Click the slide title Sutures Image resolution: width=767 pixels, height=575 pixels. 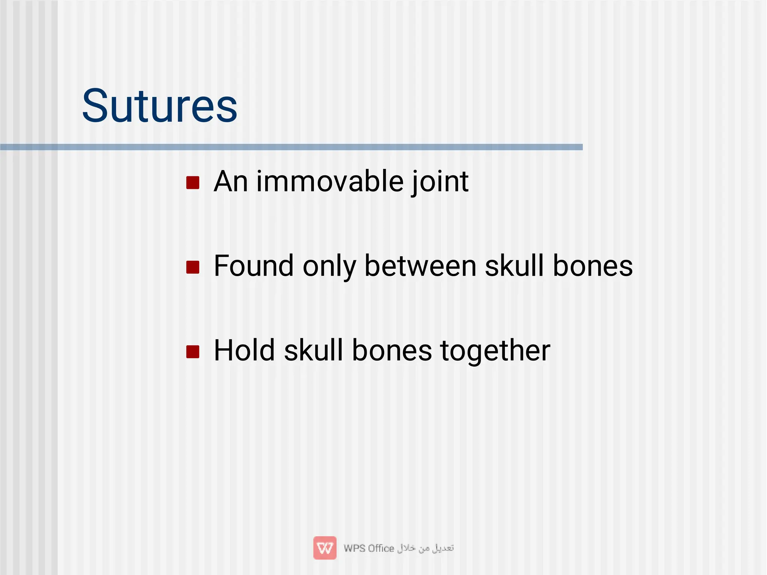pyautogui.click(x=160, y=106)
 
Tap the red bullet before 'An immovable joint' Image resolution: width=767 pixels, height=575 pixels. pyautogui.click(x=193, y=183)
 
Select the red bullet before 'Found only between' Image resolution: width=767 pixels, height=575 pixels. pyautogui.click(x=193, y=267)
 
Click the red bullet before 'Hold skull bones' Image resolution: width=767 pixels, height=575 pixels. pyautogui.click(x=193, y=351)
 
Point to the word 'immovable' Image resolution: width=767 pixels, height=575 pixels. pyautogui.click(x=330, y=182)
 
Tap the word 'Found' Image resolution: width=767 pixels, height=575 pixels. pyautogui.click(x=254, y=266)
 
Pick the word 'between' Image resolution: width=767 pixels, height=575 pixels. pyautogui.click(x=420, y=266)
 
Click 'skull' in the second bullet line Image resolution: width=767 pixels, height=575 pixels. pyautogui.click(x=514, y=266)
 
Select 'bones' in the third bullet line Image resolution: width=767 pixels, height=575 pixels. pyautogui.click(x=392, y=350)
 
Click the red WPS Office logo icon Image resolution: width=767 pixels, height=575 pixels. pyautogui.click(x=325, y=548)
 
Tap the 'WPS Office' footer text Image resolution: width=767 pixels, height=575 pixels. pyautogui.click(x=369, y=548)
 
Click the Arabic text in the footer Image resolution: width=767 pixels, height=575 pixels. pyautogui.click(x=425, y=548)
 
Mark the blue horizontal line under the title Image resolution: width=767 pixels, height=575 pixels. pyautogui.click(x=291, y=147)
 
